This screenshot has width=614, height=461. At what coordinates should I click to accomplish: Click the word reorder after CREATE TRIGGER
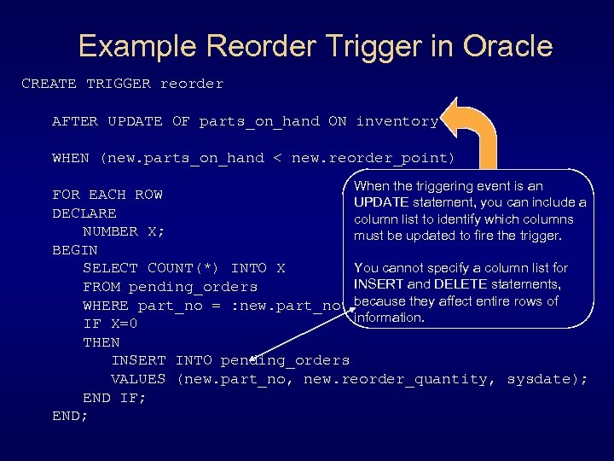coord(191,84)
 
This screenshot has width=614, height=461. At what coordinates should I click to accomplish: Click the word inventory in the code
coord(397,121)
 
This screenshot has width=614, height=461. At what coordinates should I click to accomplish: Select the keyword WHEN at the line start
coord(71,158)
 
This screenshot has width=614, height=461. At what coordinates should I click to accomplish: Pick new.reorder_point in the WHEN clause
coord(373,158)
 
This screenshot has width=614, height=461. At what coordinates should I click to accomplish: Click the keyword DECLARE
coord(84,213)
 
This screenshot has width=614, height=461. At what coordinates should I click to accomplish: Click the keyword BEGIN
coord(75,250)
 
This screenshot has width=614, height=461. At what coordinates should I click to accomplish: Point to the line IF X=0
coord(110,324)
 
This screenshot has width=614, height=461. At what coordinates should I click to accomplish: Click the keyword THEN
coord(101,342)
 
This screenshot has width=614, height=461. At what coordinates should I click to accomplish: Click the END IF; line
coord(114,398)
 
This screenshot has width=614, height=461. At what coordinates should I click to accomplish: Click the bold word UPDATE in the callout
coord(381,202)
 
